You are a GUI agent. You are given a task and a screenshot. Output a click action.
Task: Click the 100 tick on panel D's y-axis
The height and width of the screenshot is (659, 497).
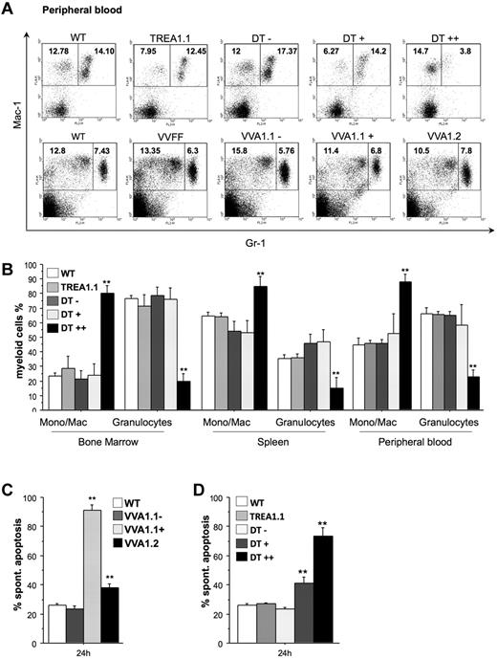coord(279,498)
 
